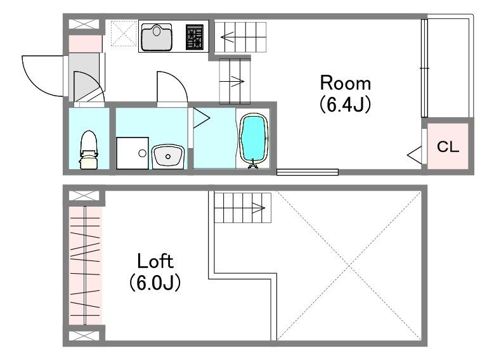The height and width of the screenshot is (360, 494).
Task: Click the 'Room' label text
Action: click(345, 83)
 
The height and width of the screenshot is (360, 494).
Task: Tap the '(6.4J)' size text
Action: click(345, 105)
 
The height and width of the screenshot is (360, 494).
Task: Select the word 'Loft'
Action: click(155, 261)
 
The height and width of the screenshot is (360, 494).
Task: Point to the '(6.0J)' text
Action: click(155, 283)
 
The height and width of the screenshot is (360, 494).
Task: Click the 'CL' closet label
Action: click(448, 147)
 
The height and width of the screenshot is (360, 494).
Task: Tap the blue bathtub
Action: click(254, 139)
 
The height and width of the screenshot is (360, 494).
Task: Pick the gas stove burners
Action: click(195, 37)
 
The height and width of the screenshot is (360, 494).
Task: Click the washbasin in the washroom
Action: click(167, 154)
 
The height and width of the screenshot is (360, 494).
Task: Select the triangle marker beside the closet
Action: click(414, 153)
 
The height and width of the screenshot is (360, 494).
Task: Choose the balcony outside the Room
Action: click(449, 67)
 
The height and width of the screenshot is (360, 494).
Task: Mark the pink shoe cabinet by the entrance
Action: click(85, 44)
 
